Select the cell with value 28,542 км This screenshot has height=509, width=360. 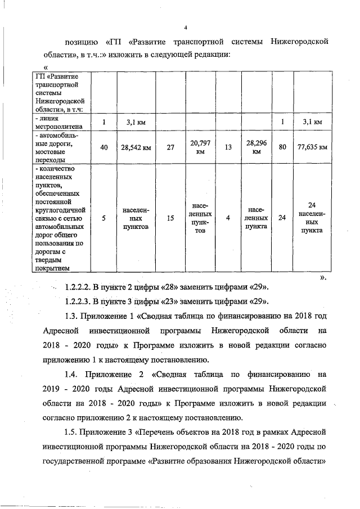click(x=136, y=148)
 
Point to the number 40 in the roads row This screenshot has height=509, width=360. click(x=103, y=148)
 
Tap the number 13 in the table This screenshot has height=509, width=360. click(x=228, y=148)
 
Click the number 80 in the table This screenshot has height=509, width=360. click(x=282, y=148)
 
